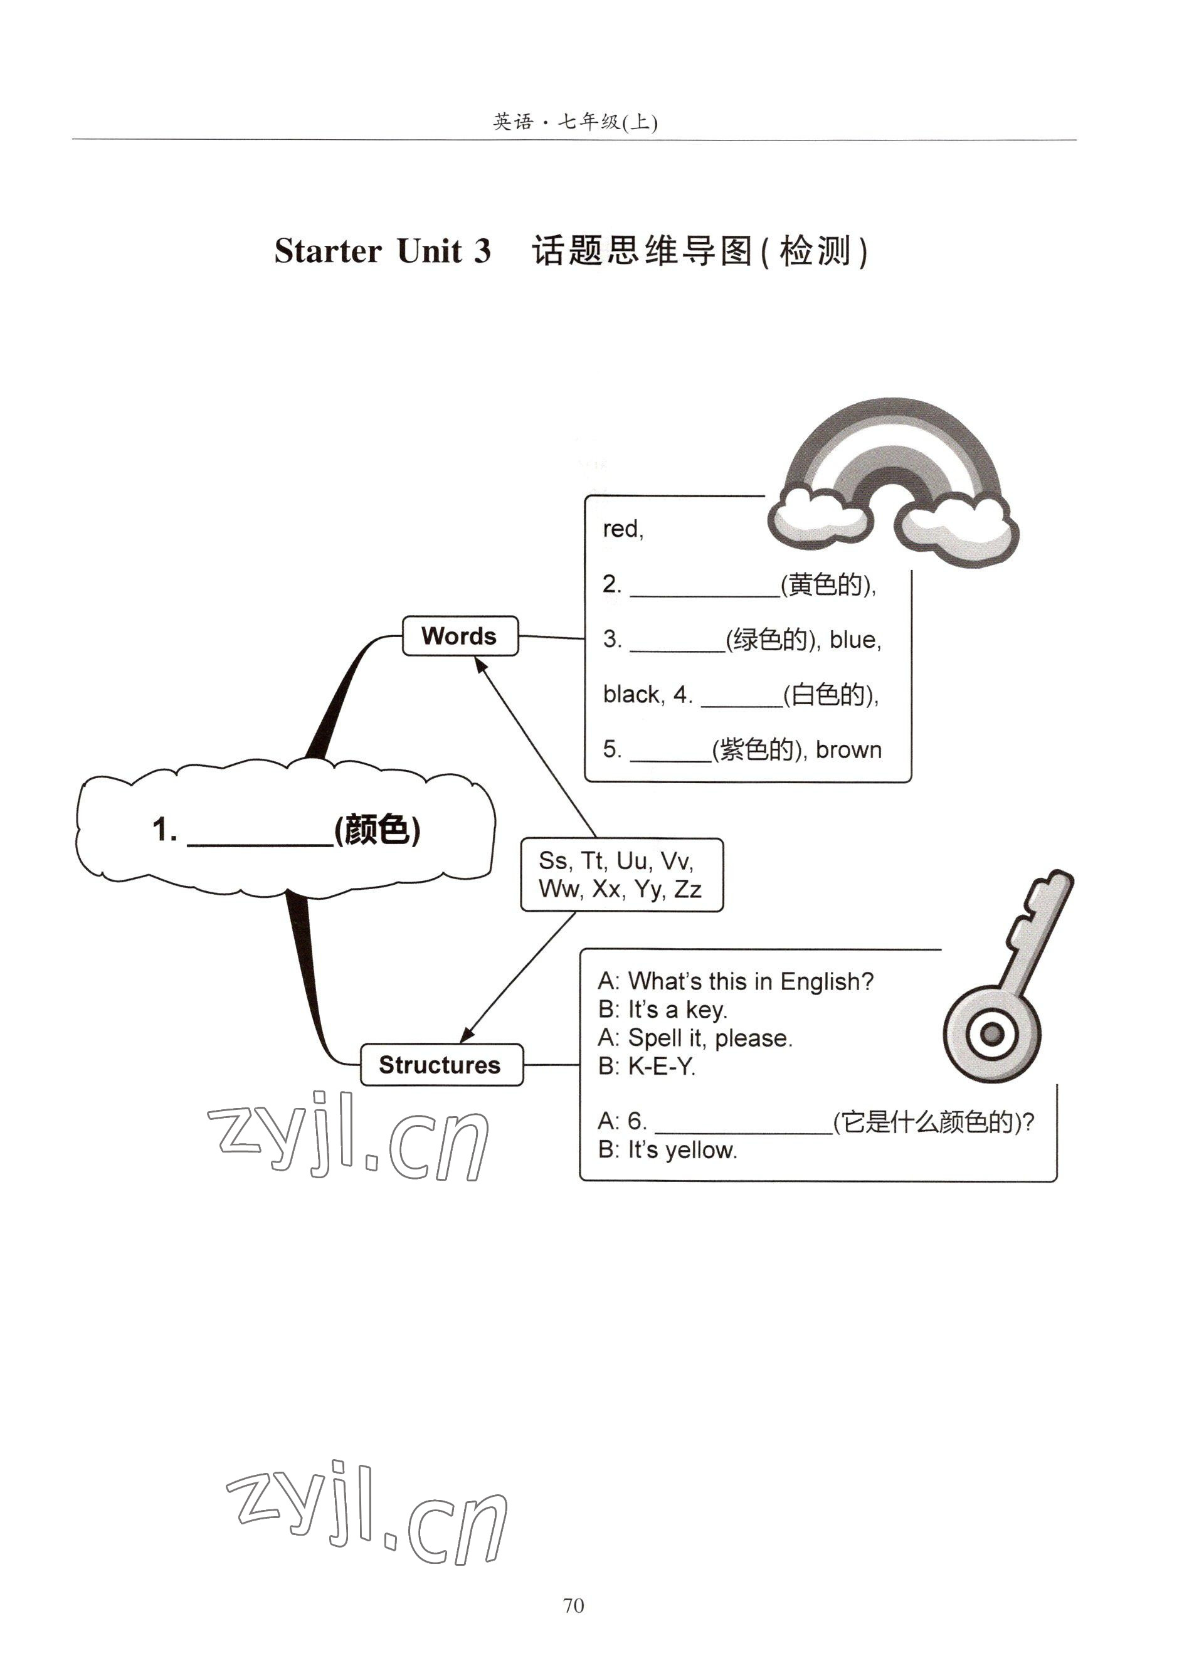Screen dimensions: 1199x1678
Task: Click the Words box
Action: (459, 636)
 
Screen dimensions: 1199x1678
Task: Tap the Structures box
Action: (441, 1065)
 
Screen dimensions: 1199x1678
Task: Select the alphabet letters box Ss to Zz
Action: (621, 875)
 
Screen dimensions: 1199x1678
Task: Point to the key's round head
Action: (991, 1033)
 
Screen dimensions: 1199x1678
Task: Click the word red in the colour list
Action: (621, 529)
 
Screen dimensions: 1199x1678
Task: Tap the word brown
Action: (848, 750)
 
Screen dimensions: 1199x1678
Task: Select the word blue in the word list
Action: (854, 640)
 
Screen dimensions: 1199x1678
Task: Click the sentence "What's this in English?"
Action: (750, 981)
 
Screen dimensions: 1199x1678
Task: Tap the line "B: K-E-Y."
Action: (647, 1066)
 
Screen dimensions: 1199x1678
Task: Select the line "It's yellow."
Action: (682, 1149)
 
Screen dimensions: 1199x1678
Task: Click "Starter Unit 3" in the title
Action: (382, 251)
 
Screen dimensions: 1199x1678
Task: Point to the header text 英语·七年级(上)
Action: (574, 122)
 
